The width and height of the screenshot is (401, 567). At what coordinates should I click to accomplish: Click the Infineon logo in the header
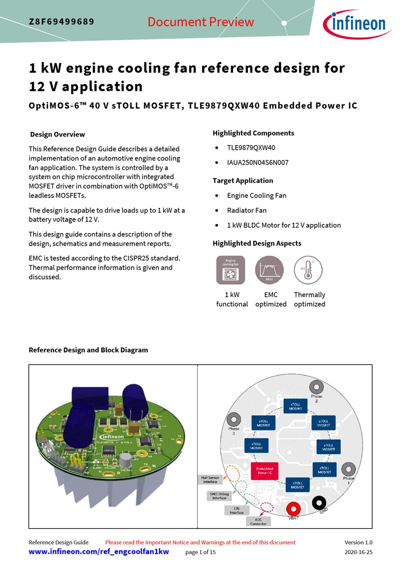click(x=356, y=24)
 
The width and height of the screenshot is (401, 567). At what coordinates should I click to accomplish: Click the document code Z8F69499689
click(x=62, y=22)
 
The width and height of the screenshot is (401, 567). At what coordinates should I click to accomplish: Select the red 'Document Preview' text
click(x=201, y=22)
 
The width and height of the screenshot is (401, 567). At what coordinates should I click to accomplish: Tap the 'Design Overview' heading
click(x=58, y=134)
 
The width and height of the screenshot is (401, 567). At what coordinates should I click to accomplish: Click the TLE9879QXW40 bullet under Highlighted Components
click(x=251, y=148)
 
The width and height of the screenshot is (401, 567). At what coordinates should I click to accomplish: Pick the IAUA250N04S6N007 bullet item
click(x=257, y=163)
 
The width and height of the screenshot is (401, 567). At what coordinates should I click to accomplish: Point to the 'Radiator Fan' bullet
click(x=247, y=210)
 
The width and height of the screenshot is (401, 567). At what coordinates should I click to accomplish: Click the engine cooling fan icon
click(x=230, y=270)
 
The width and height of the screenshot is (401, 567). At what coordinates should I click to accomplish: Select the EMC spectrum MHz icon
click(x=269, y=270)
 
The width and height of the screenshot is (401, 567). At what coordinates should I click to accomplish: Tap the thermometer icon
click(x=308, y=270)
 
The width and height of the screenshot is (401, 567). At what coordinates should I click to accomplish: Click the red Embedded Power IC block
click(x=265, y=471)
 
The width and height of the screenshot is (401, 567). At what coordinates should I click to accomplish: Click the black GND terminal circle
click(x=319, y=502)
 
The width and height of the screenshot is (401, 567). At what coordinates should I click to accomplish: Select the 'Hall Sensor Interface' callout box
click(x=210, y=480)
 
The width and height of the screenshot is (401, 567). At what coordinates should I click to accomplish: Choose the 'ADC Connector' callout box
click(x=258, y=521)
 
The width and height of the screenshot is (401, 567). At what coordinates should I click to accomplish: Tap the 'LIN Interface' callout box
click(x=237, y=510)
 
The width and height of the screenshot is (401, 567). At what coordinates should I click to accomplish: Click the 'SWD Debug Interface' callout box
click(x=219, y=496)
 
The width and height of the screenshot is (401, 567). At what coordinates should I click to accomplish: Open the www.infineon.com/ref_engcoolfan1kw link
click(x=99, y=552)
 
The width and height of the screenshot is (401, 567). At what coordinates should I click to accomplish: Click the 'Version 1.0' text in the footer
click(x=358, y=542)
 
